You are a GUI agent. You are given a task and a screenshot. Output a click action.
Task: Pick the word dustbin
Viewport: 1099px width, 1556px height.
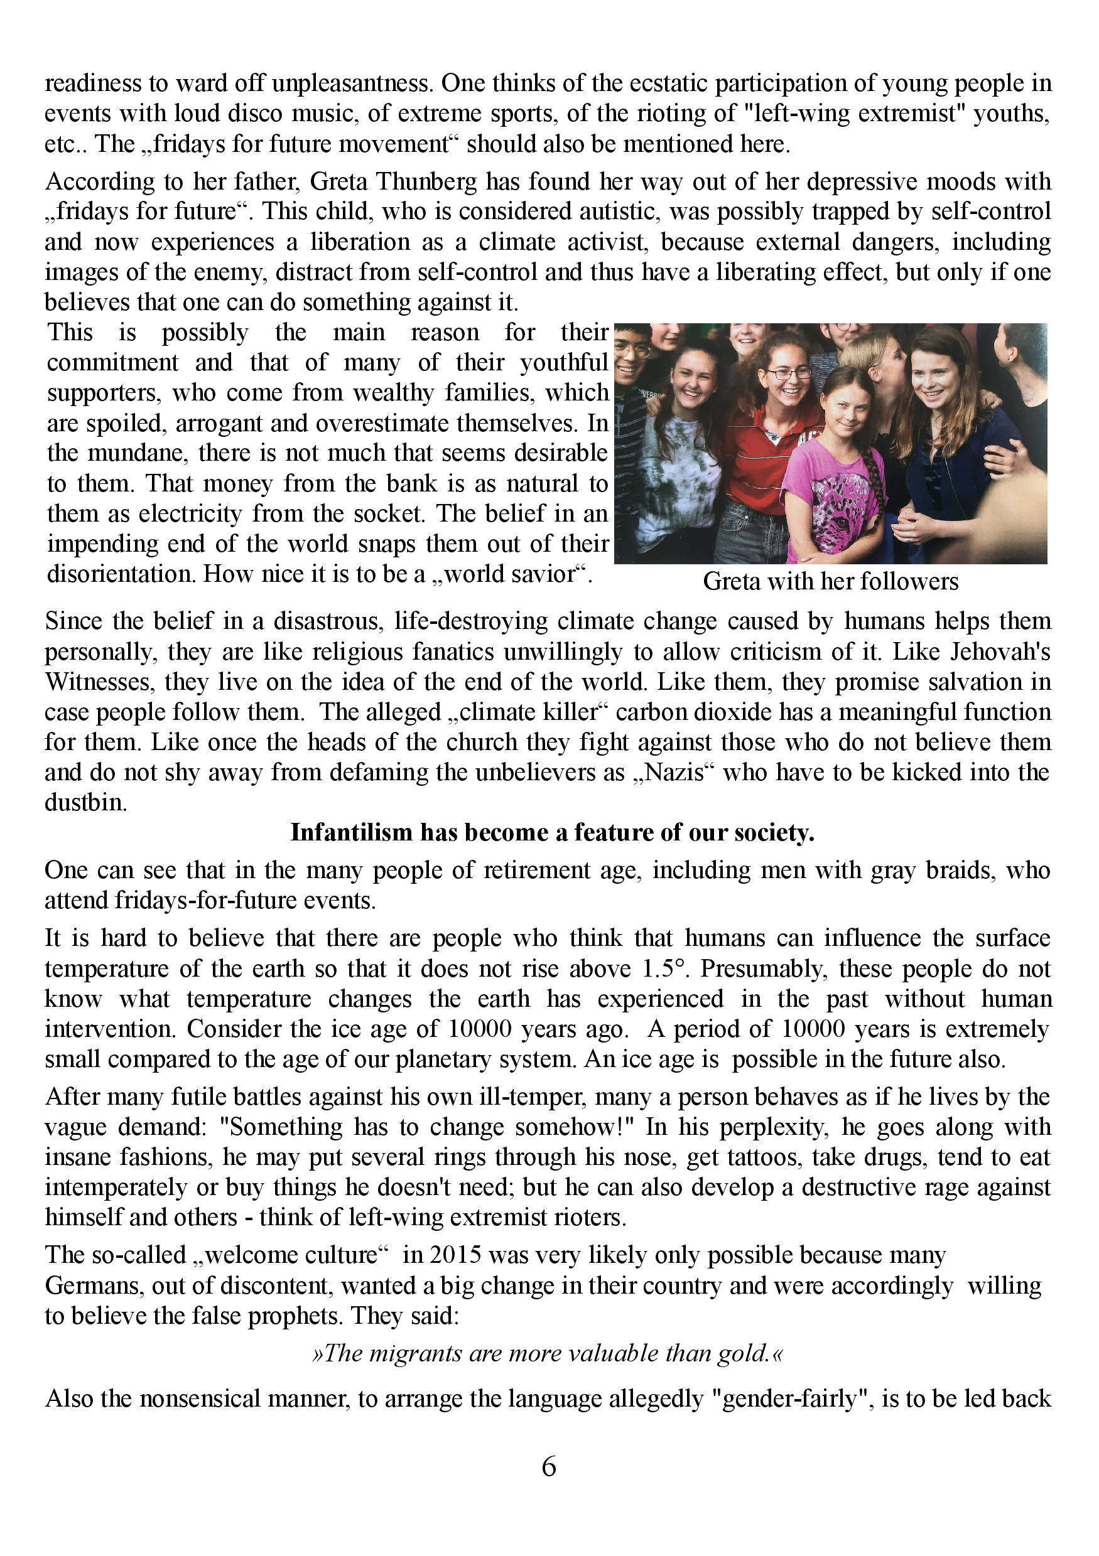[85, 803]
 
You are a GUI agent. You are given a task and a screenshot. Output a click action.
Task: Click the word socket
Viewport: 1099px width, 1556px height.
[387, 513]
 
